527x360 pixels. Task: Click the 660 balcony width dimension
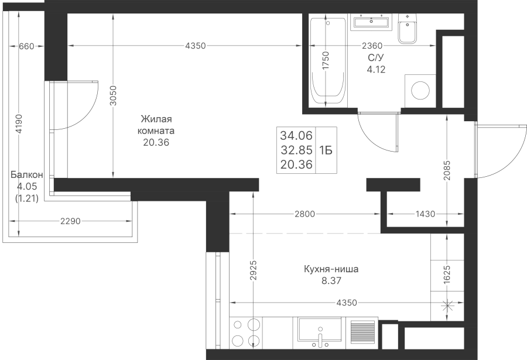[x=26, y=46]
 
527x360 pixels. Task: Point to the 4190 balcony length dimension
[x=19, y=124]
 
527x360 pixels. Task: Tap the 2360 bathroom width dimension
[x=372, y=46]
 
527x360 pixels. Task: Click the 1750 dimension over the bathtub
[x=326, y=60]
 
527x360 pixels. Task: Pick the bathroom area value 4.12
[x=376, y=70]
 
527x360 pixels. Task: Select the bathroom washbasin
[x=371, y=22]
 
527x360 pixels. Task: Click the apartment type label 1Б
[x=326, y=150]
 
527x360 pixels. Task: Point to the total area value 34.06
[x=296, y=135]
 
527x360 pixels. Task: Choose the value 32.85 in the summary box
[x=296, y=150]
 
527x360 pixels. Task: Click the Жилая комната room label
[x=156, y=125]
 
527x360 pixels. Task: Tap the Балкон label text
[x=26, y=175]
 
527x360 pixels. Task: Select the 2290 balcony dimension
[x=70, y=221]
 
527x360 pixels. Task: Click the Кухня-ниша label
[x=331, y=269]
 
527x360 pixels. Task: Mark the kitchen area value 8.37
[x=331, y=280]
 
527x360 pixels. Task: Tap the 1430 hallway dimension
[x=425, y=214]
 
